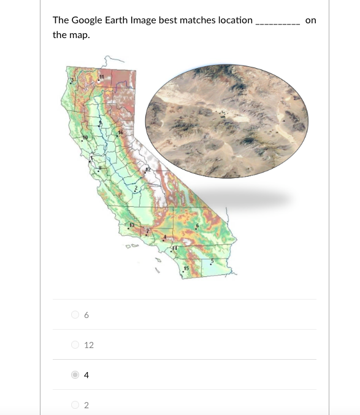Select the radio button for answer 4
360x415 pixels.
(75, 374)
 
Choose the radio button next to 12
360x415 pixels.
(75, 345)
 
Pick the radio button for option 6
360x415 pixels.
(75, 315)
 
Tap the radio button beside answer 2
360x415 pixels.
(75, 405)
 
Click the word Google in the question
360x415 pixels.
(85, 20)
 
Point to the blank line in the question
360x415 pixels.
(277, 23)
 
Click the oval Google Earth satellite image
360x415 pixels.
(226, 121)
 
